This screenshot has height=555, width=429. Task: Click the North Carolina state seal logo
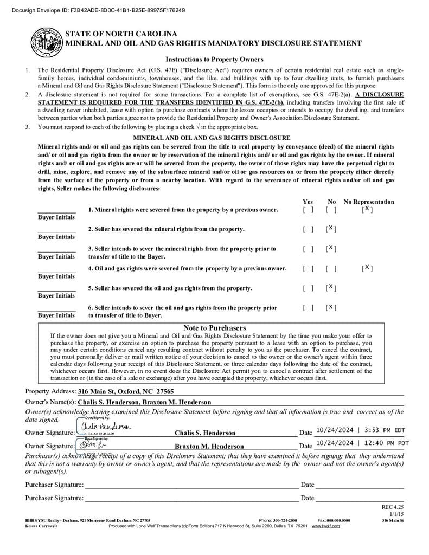(x=46, y=42)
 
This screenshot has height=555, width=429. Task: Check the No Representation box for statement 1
(x=367, y=209)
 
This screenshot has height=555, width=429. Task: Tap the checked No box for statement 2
(x=331, y=229)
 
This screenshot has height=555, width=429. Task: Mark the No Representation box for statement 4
(x=367, y=268)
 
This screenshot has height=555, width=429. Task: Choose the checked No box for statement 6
(x=331, y=307)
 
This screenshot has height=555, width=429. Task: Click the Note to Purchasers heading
(x=214, y=328)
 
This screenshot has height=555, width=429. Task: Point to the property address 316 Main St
(x=126, y=391)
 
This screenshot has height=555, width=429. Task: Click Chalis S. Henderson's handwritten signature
(x=106, y=428)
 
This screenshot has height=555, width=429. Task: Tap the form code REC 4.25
(x=393, y=507)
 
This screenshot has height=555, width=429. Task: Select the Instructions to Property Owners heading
(x=214, y=59)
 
